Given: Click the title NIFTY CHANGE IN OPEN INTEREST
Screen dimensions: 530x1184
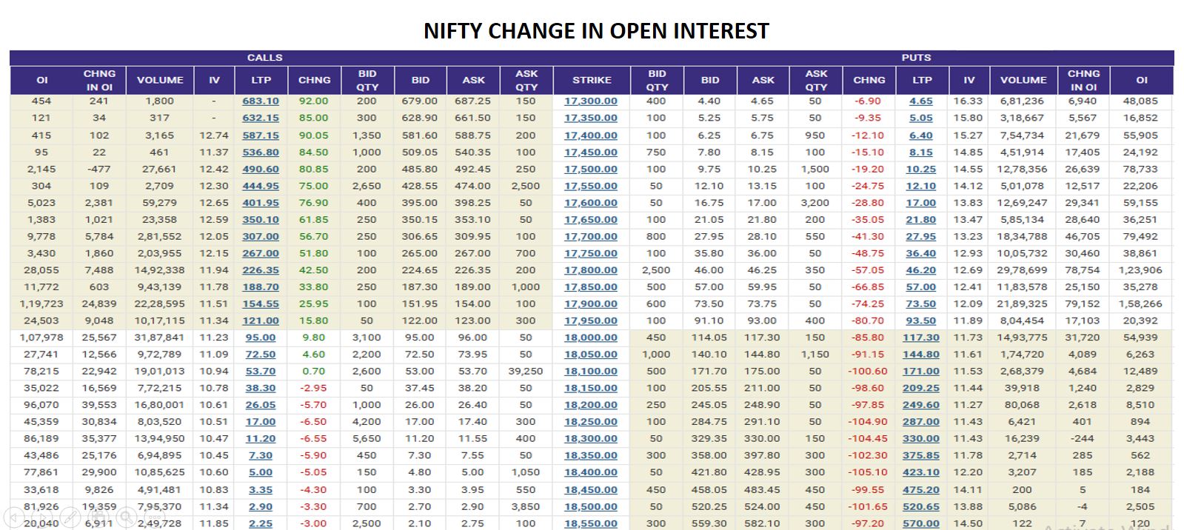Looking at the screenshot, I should [596, 30].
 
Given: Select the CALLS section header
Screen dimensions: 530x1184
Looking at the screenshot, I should [264, 57].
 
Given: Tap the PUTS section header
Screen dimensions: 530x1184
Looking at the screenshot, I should [916, 57].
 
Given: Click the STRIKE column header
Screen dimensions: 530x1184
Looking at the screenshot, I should [592, 80].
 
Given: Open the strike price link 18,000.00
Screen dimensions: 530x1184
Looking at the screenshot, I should [590, 338].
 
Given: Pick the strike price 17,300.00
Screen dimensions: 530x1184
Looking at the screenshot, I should [590, 101].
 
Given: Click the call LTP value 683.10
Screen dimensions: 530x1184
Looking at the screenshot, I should [261, 101].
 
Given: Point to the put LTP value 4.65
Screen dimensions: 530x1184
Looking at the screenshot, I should [920, 101].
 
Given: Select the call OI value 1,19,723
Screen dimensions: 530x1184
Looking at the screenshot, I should [41, 303].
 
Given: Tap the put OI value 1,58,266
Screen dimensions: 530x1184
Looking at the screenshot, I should [1140, 303].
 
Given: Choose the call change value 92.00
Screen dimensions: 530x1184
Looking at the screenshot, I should [313, 101].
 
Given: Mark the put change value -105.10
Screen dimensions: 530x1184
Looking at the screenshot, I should [869, 472].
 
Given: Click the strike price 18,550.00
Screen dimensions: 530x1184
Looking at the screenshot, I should [590, 523].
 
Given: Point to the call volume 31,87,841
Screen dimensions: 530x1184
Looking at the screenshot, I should [159, 338].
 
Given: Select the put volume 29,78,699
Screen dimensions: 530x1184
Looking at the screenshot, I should [1022, 270].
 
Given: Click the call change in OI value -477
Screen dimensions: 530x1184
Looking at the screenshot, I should [98, 169].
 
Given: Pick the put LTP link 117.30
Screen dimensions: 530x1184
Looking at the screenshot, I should [920, 338].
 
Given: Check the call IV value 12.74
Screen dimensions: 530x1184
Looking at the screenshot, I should [214, 135].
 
